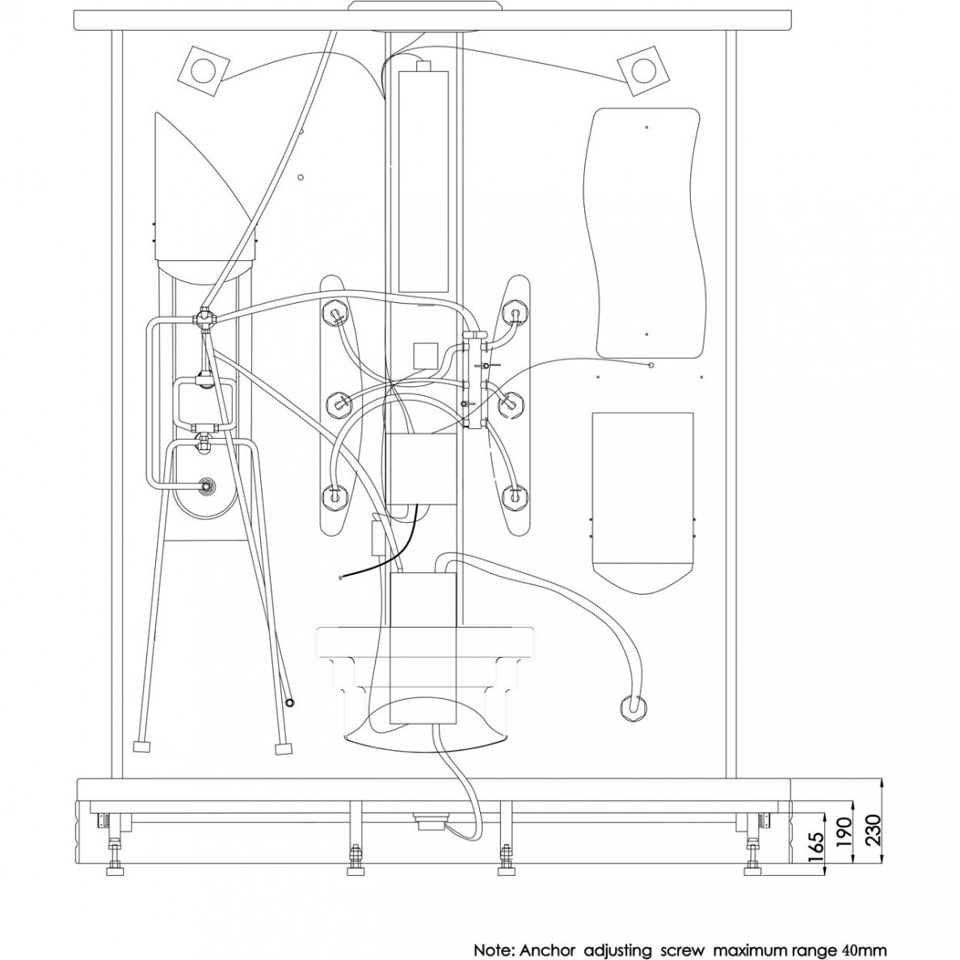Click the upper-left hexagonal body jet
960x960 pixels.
pyautogui.click(x=335, y=313)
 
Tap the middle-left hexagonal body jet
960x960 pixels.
pyautogui.click(x=338, y=402)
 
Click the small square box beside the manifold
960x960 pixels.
pyautogui.click(x=425, y=355)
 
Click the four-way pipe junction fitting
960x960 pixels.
pyautogui.click(x=202, y=319)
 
